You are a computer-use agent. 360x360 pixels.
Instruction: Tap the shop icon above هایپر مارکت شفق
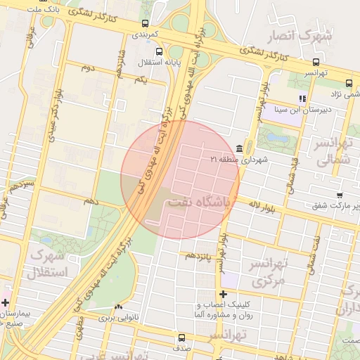340,195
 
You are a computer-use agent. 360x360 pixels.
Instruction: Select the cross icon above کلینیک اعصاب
224,294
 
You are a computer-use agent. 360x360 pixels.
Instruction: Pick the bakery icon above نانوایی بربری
118,307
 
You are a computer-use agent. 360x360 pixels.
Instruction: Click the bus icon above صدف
183,337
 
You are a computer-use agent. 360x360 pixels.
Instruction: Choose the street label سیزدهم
19,186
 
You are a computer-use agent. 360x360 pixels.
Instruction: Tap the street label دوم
88,67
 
